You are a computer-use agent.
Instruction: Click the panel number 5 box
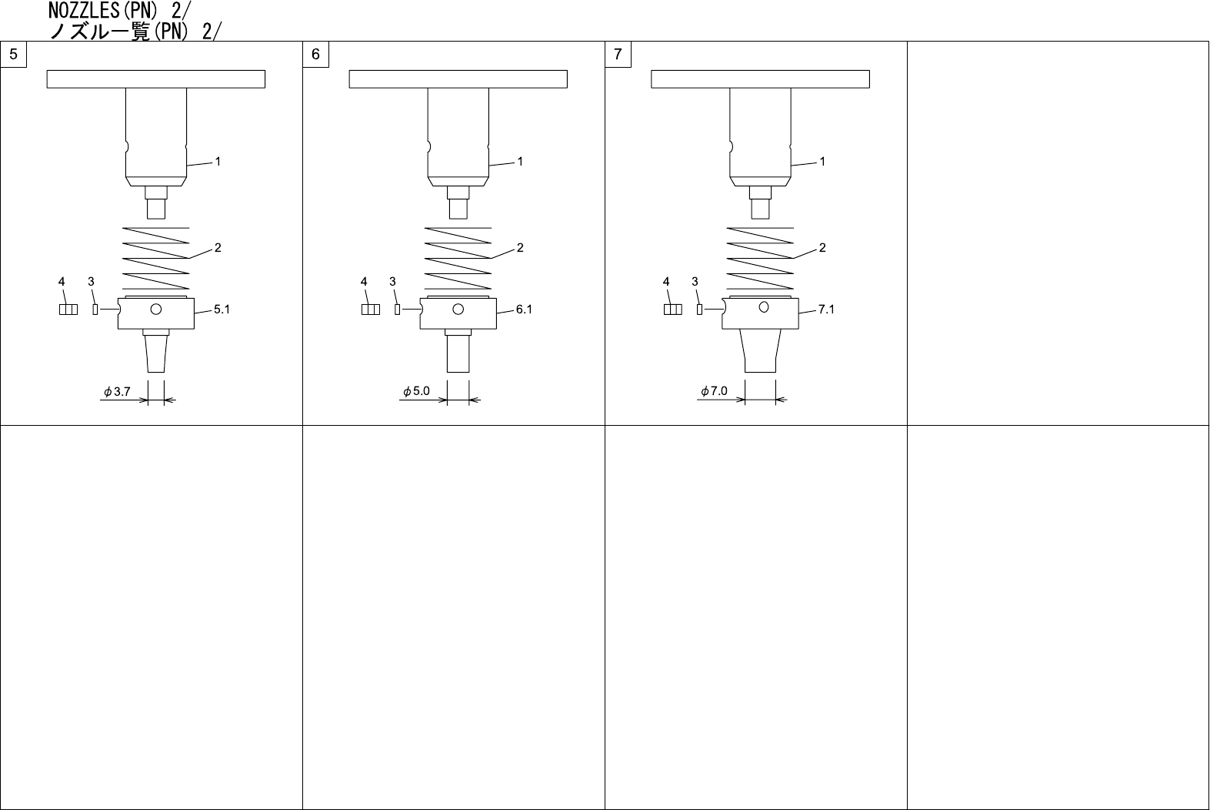click(x=14, y=54)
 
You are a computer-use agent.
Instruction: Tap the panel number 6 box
click(x=315, y=54)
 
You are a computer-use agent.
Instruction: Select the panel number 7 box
click(x=618, y=54)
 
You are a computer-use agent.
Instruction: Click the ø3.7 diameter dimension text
click(x=117, y=391)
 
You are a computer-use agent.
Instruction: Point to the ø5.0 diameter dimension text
click(x=416, y=391)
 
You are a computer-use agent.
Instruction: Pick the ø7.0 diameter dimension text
click(x=714, y=391)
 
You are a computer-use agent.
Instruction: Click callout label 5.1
click(x=222, y=310)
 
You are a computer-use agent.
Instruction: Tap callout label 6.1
click(x=524, y=310)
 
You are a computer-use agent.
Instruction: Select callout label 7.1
click(x=826, y=310)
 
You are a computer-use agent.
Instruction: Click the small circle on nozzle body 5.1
click(x=156, y=310)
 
